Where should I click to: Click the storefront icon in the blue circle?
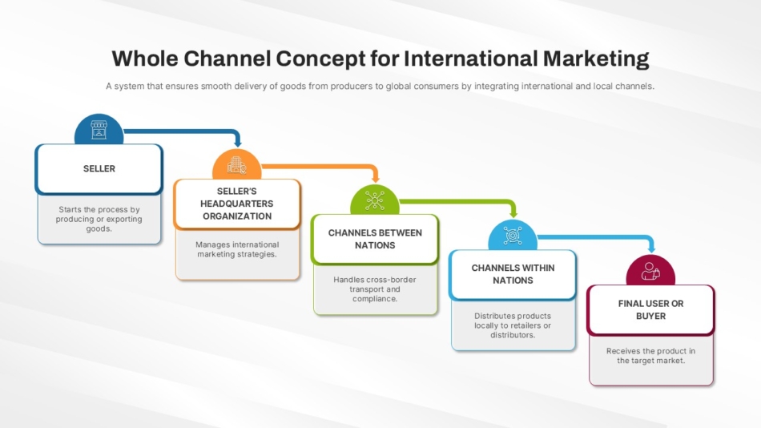click(99, 130)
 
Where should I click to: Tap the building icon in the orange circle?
click(237, 165)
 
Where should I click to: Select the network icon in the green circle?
click(375, 200)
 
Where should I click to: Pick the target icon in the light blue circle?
click(513, 236)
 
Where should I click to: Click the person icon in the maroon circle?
click(650, 271)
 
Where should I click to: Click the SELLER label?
click(99, 168)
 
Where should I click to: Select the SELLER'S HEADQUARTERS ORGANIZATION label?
click(237, 204)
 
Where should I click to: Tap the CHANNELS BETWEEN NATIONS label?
click(375, 239)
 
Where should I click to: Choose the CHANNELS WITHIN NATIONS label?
click(513, 274)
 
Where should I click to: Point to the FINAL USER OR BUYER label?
click(650, 309)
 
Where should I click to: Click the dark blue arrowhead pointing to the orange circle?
click(237, 143)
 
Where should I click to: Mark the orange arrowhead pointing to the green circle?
click(375, 178)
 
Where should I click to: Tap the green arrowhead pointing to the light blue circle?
click(513, 213)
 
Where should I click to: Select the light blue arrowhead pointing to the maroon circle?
click(651, 248)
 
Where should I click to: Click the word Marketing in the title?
click(596, 59)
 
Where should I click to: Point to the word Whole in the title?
click(145, 59)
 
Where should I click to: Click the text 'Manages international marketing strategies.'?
click(237, 249)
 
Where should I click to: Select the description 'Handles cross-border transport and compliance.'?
click(375, 289)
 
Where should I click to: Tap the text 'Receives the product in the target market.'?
click(650, 356)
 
